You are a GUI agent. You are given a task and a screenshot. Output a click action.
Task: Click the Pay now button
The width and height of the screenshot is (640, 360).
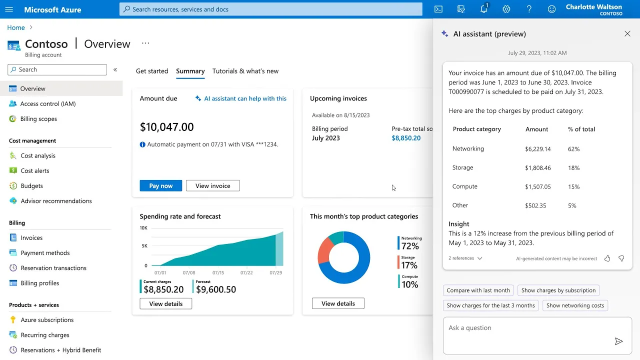tap(160, 185)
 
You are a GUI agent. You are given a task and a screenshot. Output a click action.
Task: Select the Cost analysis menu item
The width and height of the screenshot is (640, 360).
tap(38, 155)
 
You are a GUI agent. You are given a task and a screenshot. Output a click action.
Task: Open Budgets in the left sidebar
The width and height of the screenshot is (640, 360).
tap(31, 185)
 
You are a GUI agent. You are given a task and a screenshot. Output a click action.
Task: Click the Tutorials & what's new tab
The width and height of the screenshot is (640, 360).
tap(245, 71)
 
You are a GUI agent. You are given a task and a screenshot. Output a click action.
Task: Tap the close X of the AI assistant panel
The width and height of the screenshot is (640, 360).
tap(627, 33)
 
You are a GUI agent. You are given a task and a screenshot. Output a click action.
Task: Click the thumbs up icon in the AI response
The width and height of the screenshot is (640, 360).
tap(607, 258)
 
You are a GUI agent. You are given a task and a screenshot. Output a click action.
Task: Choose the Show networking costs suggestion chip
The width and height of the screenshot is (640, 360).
tap(575, 305)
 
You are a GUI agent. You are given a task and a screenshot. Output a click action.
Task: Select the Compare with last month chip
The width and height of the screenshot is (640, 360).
tap(478, 290)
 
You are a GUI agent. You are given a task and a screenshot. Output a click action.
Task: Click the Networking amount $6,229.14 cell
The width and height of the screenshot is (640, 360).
tap(537, 149)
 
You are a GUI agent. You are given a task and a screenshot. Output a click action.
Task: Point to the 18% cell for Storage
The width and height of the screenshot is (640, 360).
tap(573, 167)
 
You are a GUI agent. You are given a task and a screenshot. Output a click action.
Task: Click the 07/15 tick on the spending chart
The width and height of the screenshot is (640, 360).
tap(218, 272)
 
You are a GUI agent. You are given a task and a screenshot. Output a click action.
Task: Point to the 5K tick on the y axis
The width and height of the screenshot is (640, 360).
tap(144, 245)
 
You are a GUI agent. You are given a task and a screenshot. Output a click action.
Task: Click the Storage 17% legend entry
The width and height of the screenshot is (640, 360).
tap(407, 262)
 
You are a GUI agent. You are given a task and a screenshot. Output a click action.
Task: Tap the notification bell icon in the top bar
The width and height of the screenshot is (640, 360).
tap(483, 8)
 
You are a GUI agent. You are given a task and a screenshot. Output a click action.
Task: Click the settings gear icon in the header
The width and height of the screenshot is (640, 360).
tap(506, 9)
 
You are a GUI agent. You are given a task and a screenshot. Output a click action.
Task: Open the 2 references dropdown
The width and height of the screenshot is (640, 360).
tap(465, 258)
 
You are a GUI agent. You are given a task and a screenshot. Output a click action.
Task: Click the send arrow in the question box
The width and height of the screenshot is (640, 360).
tap(618, 341)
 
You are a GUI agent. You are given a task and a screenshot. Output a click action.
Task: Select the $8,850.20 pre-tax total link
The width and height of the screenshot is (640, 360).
tap(406, 138)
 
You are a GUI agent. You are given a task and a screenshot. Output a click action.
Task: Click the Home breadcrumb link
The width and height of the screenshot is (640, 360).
tap(16, 27)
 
